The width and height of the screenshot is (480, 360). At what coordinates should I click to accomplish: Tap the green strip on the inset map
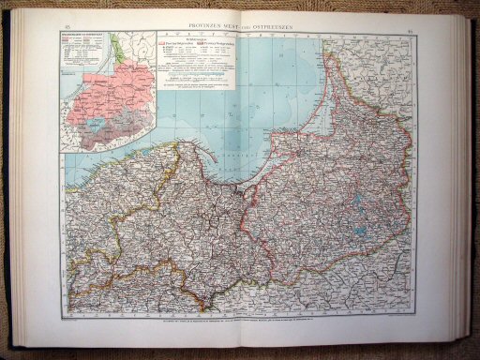coord(112,47)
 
